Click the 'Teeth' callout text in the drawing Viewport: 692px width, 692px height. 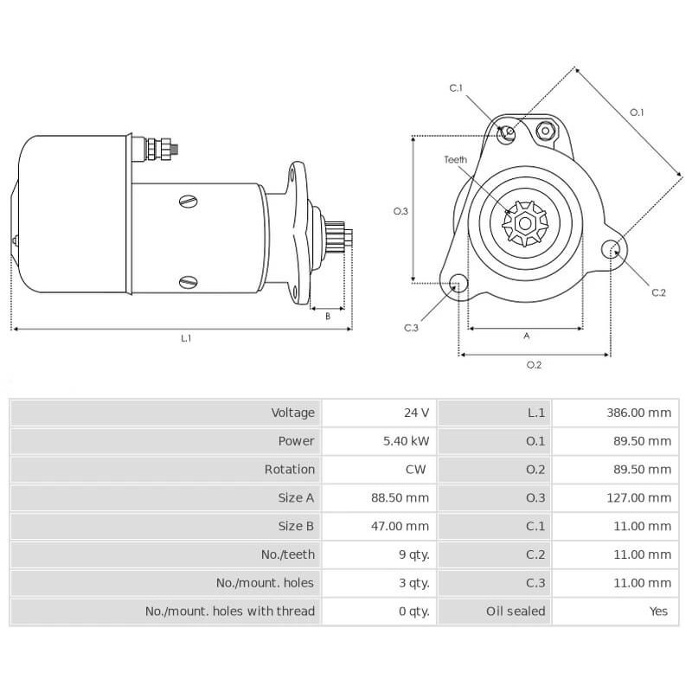coord(456,160)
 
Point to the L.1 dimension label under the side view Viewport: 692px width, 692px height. coord(186,338)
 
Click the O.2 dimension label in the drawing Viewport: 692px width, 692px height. coord(534,365)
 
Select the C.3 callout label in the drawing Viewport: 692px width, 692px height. coord(412,328)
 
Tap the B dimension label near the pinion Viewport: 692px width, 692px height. coord(328,316)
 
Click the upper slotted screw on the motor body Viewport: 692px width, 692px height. coord(189,202)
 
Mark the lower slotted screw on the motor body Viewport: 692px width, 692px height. coord(189,282)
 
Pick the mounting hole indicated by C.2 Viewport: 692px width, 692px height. coord(612,250)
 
